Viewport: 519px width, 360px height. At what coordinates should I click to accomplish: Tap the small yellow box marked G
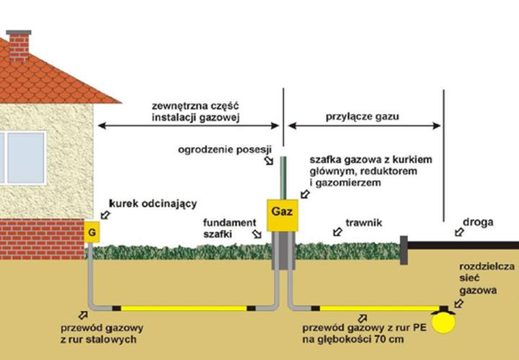(92, 233)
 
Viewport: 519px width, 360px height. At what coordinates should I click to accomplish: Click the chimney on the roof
(19, 45)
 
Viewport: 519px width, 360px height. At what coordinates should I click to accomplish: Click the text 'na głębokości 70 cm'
(352, 338)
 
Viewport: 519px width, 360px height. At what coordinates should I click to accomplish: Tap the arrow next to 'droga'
(456, 232)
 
